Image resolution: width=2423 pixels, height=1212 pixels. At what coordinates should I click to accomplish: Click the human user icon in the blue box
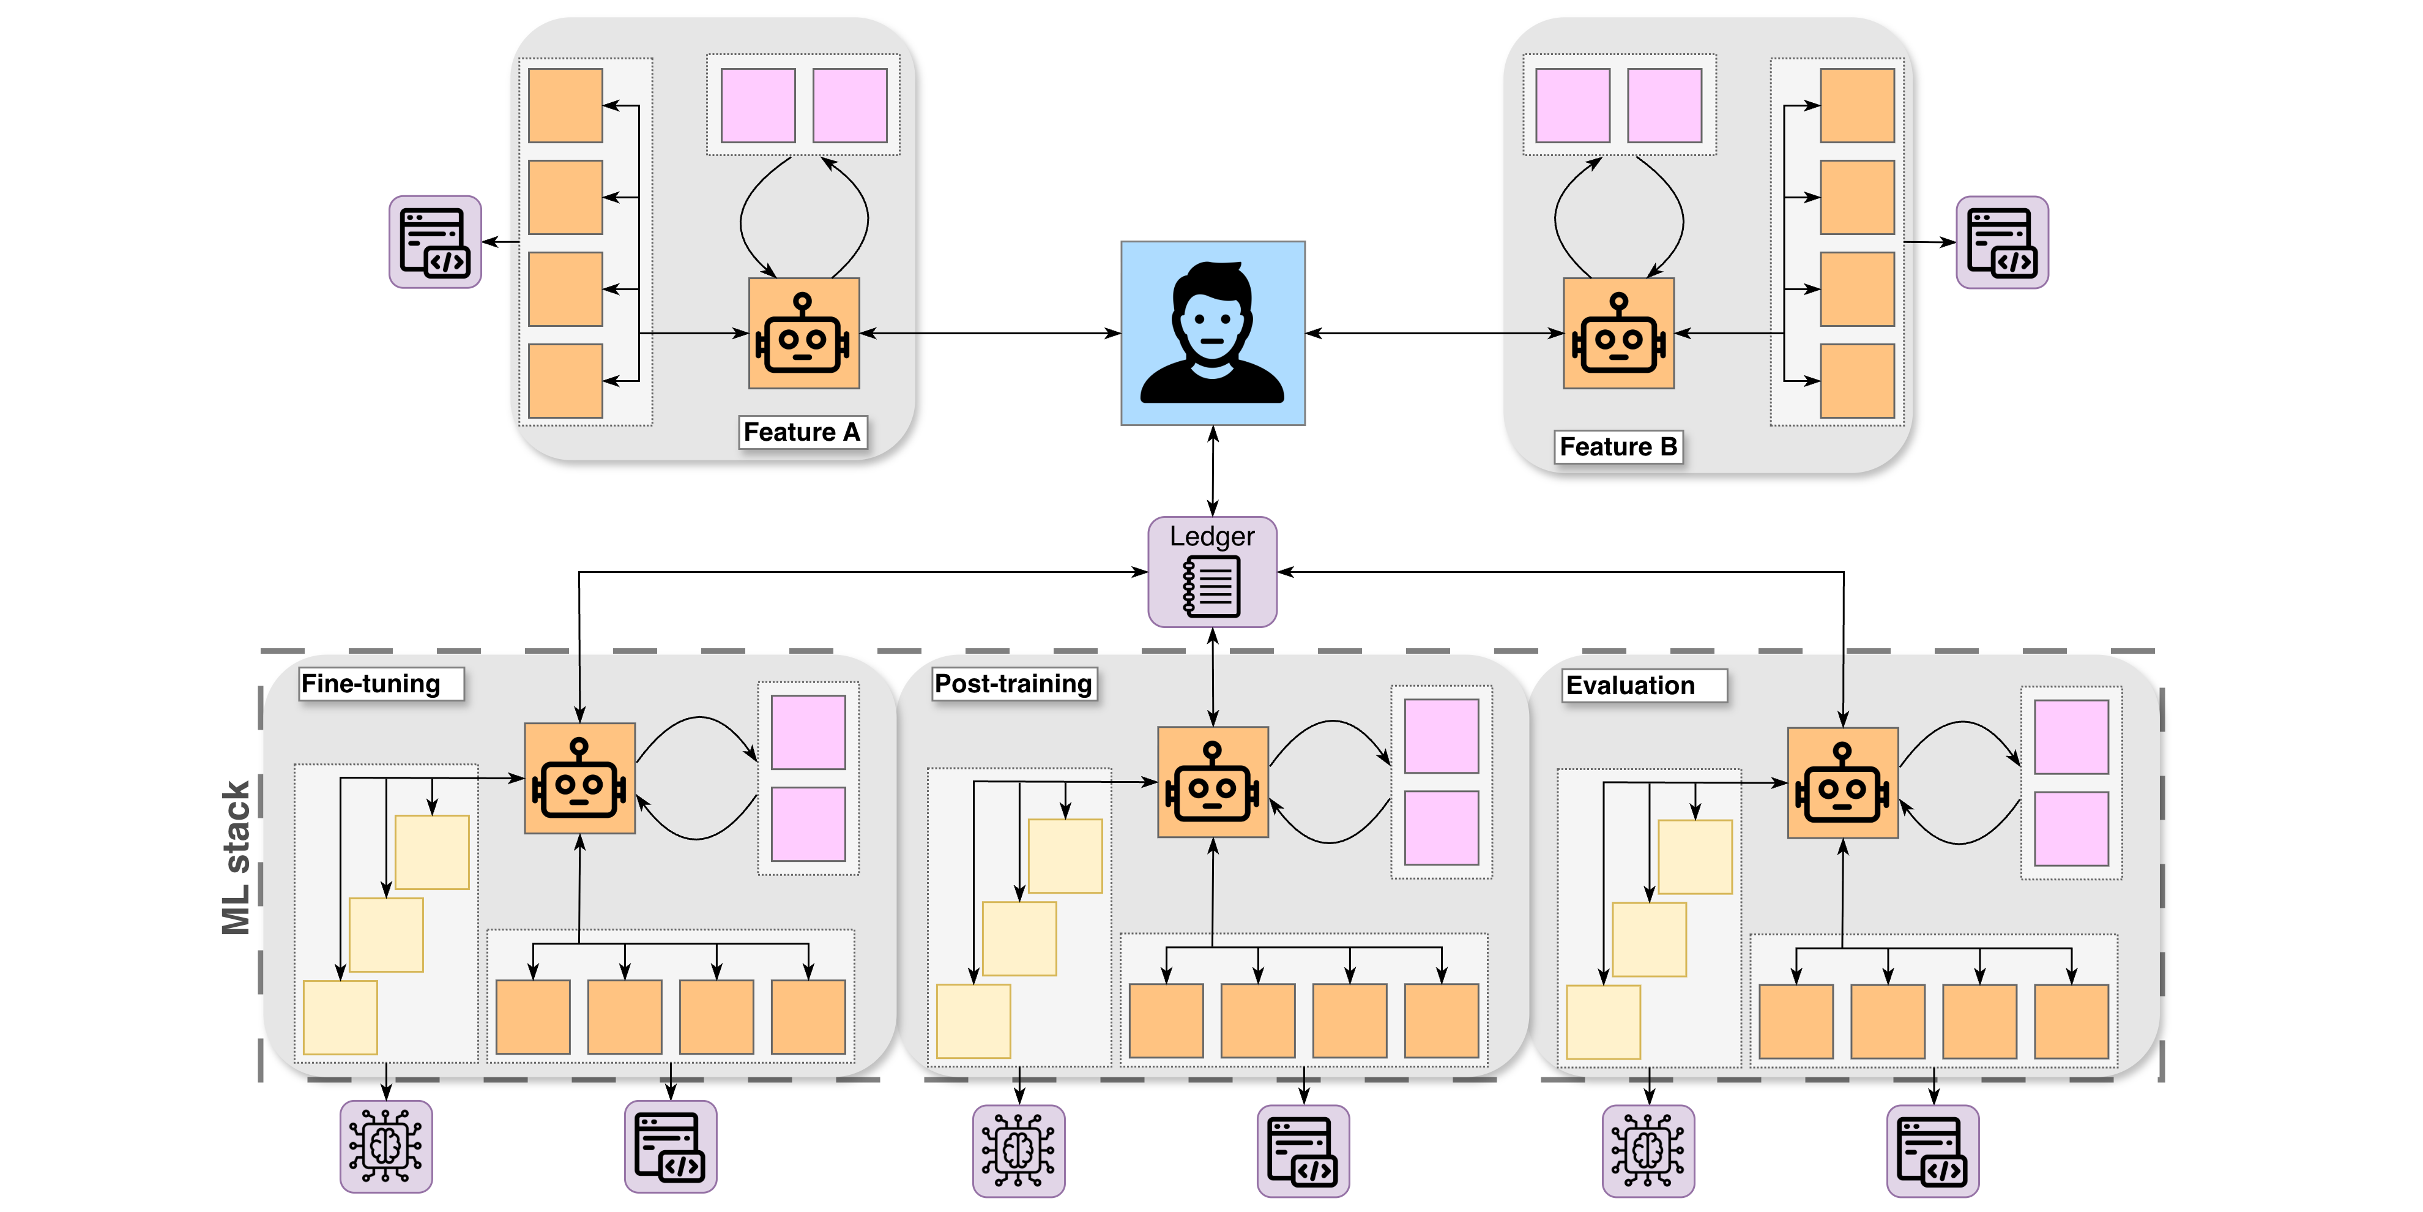pos(1213,333)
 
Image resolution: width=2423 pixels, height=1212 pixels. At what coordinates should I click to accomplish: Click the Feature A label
pos(802,432)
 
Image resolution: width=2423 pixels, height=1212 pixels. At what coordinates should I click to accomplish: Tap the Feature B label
pos(1618,446)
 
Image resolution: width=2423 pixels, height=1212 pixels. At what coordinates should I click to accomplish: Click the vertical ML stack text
pos(236,857)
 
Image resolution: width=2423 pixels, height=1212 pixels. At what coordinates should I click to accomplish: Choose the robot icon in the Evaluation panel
pos(1843,783)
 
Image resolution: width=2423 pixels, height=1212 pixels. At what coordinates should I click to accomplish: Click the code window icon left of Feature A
pos(434,242)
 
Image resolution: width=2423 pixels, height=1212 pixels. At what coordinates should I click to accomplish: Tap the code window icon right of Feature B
pos(2001,242)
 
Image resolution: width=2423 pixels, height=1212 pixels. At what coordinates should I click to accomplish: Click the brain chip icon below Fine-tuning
pos(385,1146)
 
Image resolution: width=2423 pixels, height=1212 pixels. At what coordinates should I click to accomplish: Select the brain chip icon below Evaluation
pos(1648,1151)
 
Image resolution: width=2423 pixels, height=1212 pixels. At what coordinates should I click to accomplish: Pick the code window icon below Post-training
pos(1303,1151)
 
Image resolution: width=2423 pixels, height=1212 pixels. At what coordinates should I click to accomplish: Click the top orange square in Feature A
pos(565,105)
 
